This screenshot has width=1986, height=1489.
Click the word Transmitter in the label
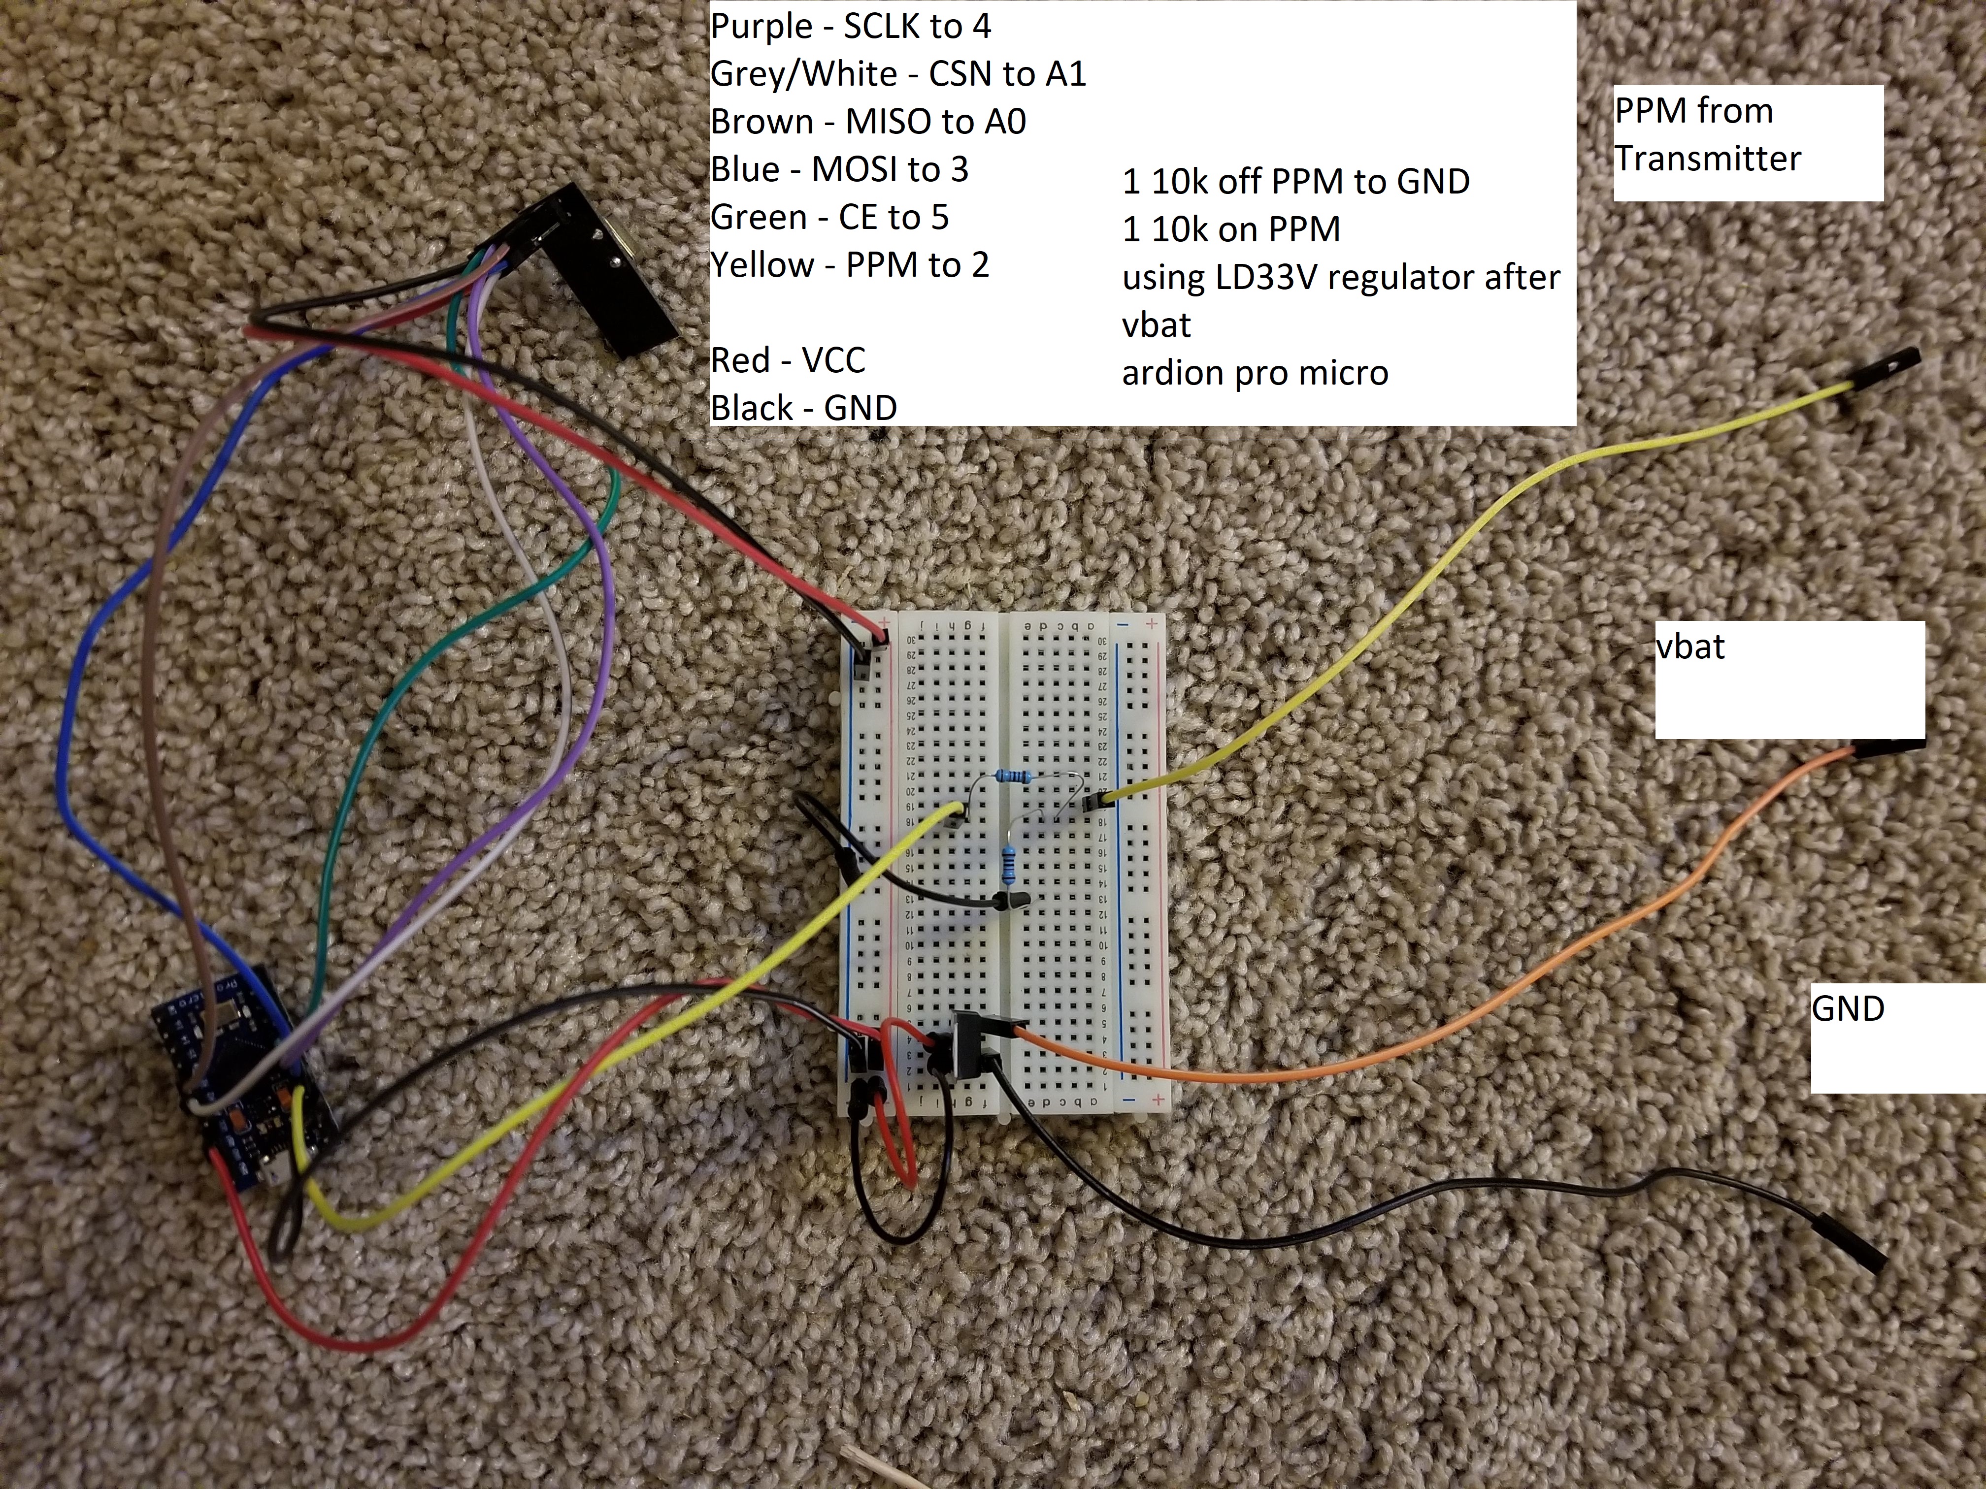pyautogui.click(x=1708, y=159)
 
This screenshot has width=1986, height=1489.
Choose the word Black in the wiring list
pyautogui.click(x=752, y=408)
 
